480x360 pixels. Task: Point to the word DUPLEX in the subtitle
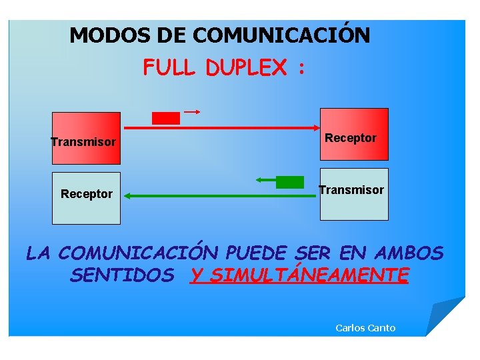(x=247, y=67)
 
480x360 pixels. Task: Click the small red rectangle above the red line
(x=166, y=118)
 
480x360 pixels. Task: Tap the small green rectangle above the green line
(x=289, y=181)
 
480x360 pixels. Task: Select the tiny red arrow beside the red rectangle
(x=193, y=111)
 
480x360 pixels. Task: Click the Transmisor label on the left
(x=83, y=142)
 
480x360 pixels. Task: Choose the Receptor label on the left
(x=87, y=194)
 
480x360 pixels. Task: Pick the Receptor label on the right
(x=351, y=138)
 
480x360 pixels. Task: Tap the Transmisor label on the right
(x=351, y=190)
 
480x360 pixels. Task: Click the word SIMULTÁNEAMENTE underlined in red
(x=299, y=275)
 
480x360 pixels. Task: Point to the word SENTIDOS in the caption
(x=121, y=275)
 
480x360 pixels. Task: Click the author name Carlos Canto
(x=365, y=327)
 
